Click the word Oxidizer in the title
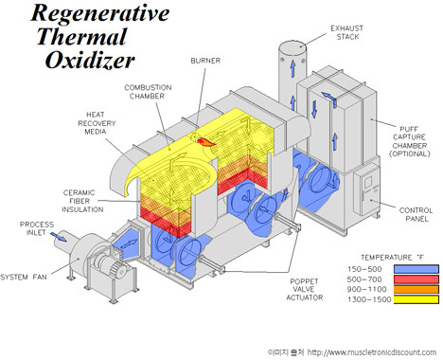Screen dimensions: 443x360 (x=90, y=60)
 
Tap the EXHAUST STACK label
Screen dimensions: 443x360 (x=346, y=32)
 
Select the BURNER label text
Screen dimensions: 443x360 (x=205, y=61)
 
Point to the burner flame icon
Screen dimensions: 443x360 (x=205, y=142)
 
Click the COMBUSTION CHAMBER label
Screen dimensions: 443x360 (x=148, y=92)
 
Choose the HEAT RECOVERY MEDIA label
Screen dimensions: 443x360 (x=97, y=123)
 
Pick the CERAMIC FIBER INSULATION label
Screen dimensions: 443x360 (x=82, y=201)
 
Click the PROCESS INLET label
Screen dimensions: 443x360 (x=37, y=228)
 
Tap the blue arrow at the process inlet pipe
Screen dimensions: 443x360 (x=59, y=237)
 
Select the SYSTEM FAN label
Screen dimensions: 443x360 (x=24, y=278)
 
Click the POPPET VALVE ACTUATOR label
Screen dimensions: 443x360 (x=305, y=289)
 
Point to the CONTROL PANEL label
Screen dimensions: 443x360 (x=416, y=214)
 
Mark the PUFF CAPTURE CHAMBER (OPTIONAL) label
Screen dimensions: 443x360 (x=410, y=141)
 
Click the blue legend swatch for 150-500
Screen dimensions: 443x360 (x=416, y=269)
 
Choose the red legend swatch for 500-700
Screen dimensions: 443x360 (x=416, y=279)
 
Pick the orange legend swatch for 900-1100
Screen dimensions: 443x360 (x=416, y=289)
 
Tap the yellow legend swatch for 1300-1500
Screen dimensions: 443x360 (x=416, y=299)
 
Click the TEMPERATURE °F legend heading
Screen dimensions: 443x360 (x=393, y=258)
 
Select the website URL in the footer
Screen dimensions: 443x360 (x=372, y=352)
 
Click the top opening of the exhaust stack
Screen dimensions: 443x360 (x=292, y=45)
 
